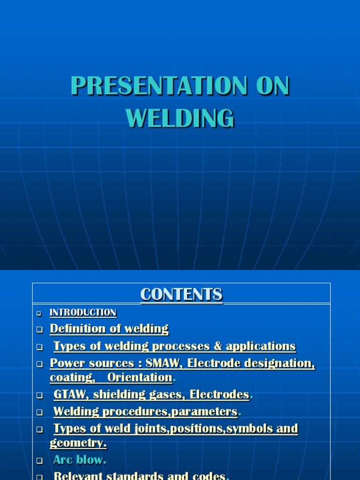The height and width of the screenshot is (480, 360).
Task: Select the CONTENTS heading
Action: coord(181,295)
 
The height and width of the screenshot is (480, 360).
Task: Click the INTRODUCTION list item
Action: coord(83,313)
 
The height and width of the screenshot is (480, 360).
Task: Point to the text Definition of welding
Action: coord(109,329)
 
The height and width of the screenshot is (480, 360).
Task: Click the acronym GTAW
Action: coord(69,395)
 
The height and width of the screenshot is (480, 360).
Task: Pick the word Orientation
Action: coord(140,377)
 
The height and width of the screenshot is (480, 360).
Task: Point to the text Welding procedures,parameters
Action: coord(145,412)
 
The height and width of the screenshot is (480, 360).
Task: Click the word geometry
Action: coord(78,443)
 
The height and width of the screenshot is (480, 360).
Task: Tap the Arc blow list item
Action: coord(79,460)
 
